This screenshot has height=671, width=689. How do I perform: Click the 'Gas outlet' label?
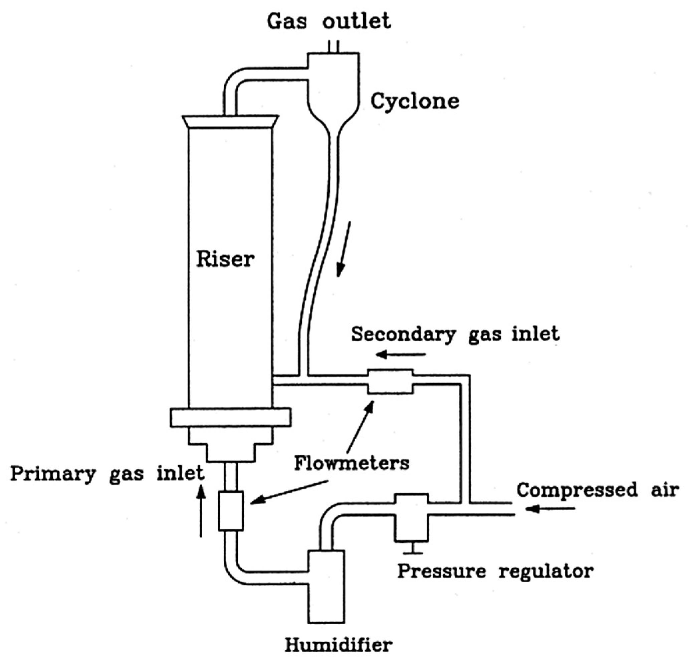328,21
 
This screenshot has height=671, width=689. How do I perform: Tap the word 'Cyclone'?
415,101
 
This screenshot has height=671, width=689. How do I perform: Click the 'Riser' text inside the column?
225,259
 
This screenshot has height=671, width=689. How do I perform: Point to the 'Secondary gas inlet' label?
455,334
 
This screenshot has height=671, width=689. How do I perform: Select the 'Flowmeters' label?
352,463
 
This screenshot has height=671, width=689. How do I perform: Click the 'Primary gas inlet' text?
107,473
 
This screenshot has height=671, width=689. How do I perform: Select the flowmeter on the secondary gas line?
390,381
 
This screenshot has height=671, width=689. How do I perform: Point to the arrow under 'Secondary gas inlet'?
400,354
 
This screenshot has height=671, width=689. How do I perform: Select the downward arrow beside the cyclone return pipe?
343,248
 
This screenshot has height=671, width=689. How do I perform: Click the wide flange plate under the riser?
230,418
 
